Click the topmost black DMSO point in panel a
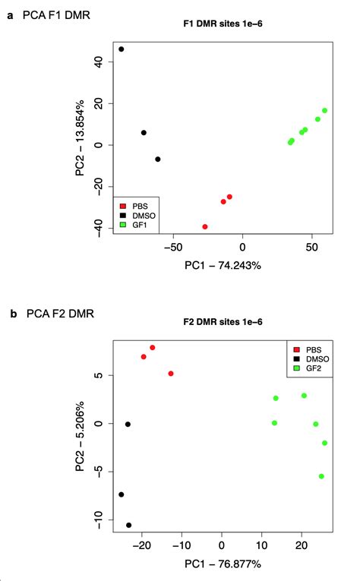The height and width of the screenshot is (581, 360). (121, 49)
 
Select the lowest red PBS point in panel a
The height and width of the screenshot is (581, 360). (205, 226)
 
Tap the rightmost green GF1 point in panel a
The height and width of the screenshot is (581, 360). (324, 110)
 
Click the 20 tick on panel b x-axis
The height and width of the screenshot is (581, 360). (301, 545)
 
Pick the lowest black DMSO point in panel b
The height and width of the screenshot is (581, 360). (128, 525)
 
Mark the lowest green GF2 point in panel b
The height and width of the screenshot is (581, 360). (321, 476)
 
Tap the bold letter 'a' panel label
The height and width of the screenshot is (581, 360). (10, 14)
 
